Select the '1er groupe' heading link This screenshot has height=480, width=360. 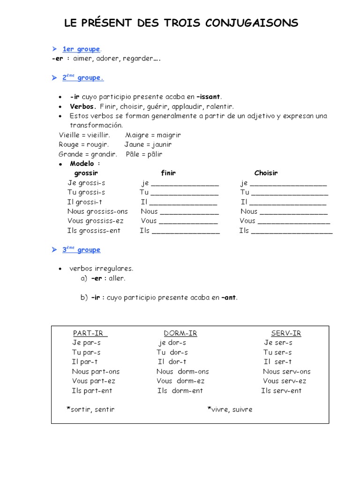[81, 49]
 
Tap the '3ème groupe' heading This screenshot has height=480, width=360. [81, 250]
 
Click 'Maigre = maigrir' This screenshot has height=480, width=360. [153, 135]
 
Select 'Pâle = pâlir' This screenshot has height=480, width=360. [144, 154]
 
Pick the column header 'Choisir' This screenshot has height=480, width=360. [266, 173]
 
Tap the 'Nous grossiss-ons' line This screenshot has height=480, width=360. [97, 211]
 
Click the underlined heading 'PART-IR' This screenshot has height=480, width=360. [90, 333]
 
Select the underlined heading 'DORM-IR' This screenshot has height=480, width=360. [177, 333]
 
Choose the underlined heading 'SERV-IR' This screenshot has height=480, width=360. [286, 333]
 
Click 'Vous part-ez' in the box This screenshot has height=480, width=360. [93, 381]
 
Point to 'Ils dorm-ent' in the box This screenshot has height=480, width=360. [180, 390]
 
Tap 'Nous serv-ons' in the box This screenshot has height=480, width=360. [286, 371]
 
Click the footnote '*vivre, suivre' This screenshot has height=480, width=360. [230, 409]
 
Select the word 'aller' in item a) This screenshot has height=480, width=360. [117, 278]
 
